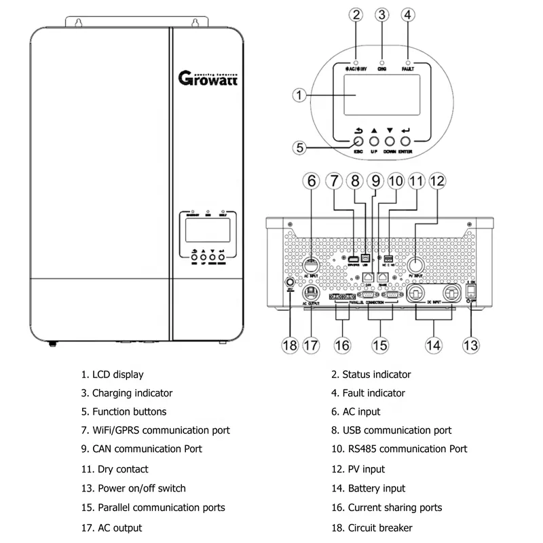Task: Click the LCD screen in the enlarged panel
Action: pyautogui.click(x=379, y=95)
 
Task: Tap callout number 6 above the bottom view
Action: pyautogui.click(x=312, y=181)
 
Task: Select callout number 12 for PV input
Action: pyautogui.click(x=436, y=181)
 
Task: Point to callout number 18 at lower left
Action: pyautogui.click(x=291, y=344)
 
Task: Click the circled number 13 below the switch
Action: pyautogui.click(x=470, y=344)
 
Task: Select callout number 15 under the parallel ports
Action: pyautogui.click(x=380, y=344)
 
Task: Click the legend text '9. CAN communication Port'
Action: pyautogui.click(x=141, y=449)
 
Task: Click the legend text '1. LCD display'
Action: pyautogui.click(x=112, y=374)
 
